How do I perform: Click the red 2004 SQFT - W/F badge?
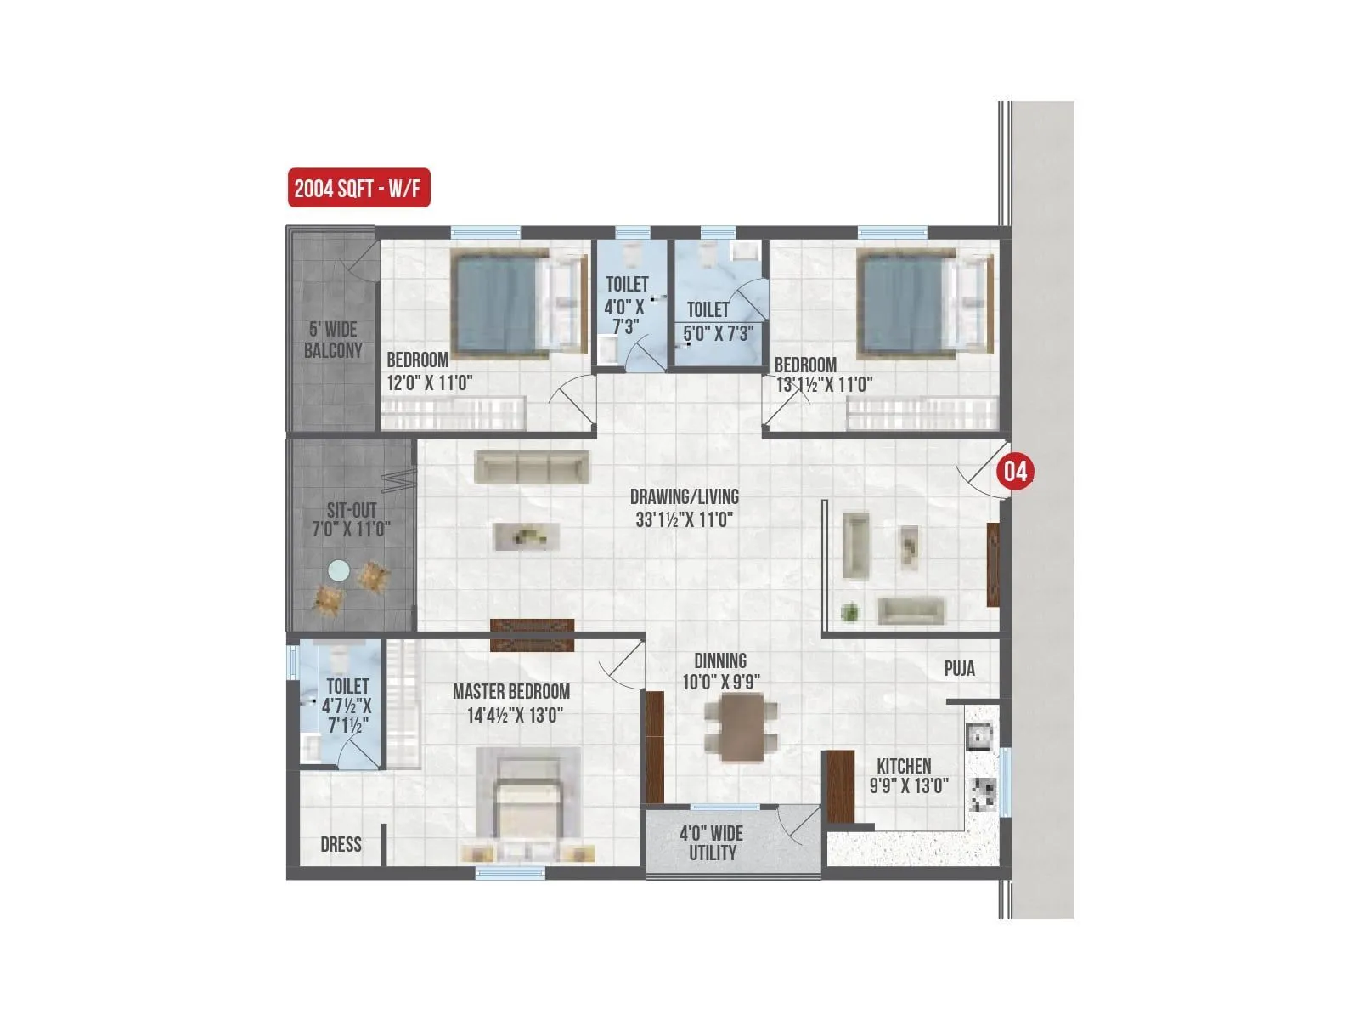pyautogui.click(x=358, y=189)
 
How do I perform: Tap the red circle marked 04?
pyautogui.click(x=1016, y=471)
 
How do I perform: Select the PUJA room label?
pyautogui.click(x=960, y=669)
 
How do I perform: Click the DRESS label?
pyautogui.click(x=341, y=845)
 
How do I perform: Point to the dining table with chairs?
pyautogui.click(x=741, y=728)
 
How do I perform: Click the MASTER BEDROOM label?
pyautogui.click(x=511, y=692)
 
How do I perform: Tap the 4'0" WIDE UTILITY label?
pyautogui.click(x=711, y=843)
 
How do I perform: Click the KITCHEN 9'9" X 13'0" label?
pyautogui.click(x=905, y=775)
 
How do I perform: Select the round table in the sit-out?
pyautogui.click(x=339, y=570)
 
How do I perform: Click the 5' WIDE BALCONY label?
pyautogui.click(x=333, y=340)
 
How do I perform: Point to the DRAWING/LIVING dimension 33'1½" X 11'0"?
pyautogui.click(x=685, y=518)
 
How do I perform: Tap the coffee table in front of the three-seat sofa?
pyautogui.click(x=527, y=536)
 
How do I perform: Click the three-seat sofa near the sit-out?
pyautogui.click(x=531, y=467)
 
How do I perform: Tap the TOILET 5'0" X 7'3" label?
pyautogui.click(x=716, y=321)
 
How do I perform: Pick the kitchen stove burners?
pyautogui.click(x=984, y=794)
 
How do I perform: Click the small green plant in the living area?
pyautogui.click(x=849, y=611)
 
